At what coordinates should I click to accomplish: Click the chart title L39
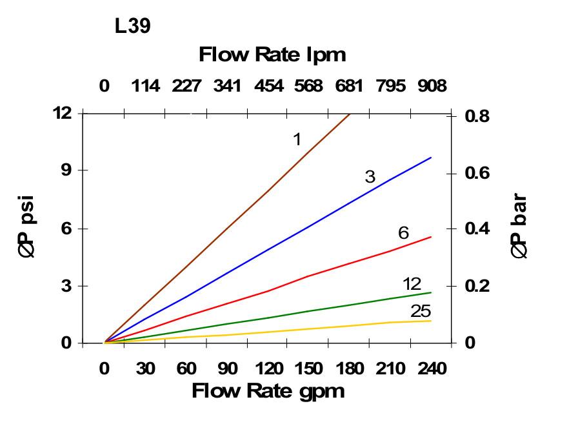coord(133,27)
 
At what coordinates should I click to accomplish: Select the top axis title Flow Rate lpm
coord(272,55)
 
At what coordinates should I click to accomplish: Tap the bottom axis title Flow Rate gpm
coord(268,391)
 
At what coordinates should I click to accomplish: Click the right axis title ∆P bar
coord(519,227)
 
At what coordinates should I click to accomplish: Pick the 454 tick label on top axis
coord(268,86)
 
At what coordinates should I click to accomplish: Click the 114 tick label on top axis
coord(145,86)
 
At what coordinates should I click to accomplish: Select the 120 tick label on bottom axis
coord(268,369)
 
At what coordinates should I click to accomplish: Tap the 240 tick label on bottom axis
coord(431,369)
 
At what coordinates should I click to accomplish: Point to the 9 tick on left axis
coord(65,170)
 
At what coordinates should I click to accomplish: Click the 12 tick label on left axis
coord(62,113)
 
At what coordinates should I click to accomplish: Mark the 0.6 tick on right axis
coord(477,174)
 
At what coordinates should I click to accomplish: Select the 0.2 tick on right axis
coord(477,286)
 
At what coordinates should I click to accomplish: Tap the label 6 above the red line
coord(404,233)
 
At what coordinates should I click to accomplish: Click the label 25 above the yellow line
coord(421,311)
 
